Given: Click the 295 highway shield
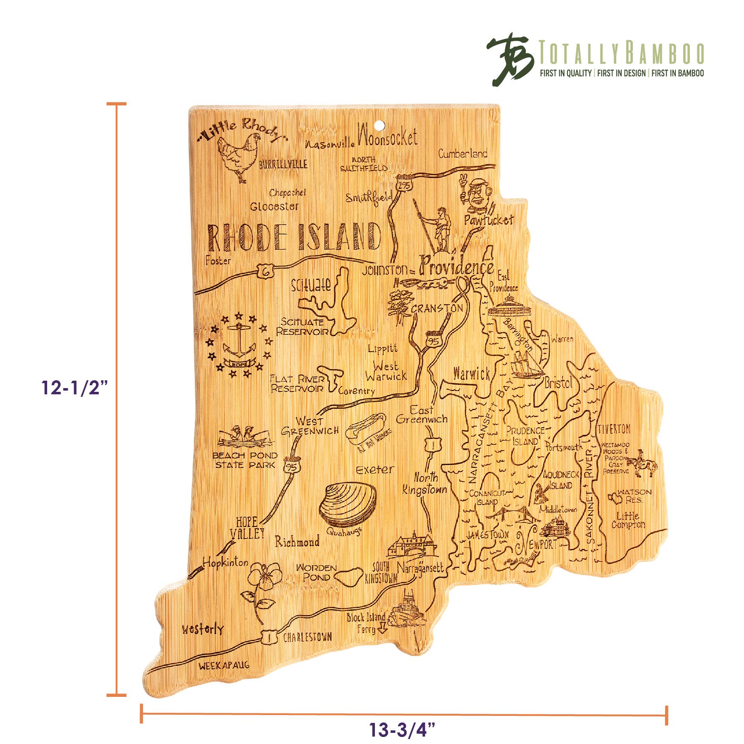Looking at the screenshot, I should point(404,184).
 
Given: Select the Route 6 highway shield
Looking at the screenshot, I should point(266,272).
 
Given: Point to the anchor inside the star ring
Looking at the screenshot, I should point(239,341).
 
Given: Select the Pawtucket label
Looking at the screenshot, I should point(488,220).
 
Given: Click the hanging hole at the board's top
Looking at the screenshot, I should point(379,124).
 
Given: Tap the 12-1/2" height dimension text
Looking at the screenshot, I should point(74,388).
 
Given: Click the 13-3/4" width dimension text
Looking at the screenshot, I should point(402,730).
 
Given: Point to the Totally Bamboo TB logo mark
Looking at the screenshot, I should point(510,60).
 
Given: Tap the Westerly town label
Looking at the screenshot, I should point(203,629).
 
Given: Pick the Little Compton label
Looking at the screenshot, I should point(628,520).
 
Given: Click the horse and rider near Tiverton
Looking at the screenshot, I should point(643,463).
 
